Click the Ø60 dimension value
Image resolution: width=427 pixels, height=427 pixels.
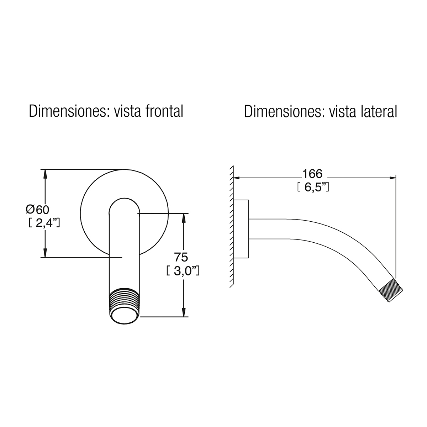[x=37, y=209]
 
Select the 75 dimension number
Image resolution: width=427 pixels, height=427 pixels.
[x=181, y=258]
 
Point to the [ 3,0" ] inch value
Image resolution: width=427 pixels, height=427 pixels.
[x=183, y=270]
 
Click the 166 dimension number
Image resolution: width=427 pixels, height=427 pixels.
[x=312, y=174]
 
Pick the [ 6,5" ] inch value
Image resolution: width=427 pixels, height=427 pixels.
[x=313, y=187]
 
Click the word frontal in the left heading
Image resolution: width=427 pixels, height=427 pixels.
[x=164, y=111]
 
